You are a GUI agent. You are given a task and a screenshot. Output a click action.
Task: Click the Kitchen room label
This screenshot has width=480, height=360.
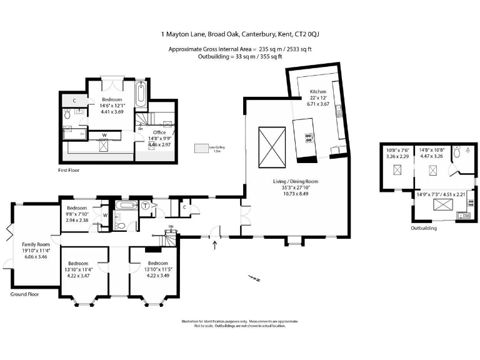click(318, 91)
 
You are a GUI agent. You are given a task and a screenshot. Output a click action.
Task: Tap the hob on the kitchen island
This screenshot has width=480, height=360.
click(309, 137)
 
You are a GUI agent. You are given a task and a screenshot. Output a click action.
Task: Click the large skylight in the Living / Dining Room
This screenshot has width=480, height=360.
click(272, 147)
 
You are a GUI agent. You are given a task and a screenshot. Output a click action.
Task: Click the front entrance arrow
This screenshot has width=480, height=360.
click(216, 243)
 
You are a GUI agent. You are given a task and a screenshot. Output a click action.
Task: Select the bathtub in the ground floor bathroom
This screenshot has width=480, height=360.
click(126, 205)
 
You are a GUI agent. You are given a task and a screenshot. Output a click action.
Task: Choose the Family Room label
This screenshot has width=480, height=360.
click(36, 244)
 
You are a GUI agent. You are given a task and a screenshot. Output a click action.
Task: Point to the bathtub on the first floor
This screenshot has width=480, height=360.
click(142, 94)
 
